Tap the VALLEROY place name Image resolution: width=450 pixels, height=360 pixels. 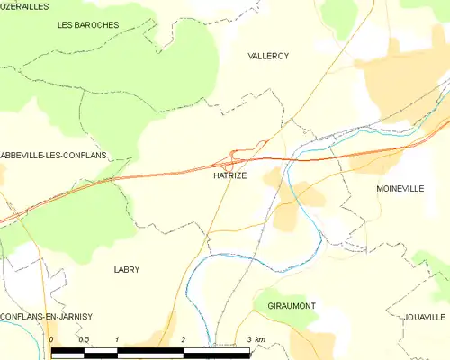(x=268, y=56)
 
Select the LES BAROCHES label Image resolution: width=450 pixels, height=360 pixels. (x=88, y=25)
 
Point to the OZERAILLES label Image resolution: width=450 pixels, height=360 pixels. (x=25, y=5)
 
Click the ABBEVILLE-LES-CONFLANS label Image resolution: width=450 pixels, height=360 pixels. (x=53, y=156)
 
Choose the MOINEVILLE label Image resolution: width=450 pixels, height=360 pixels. (x=400, y=189)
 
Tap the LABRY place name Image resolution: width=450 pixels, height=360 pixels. (x=127, y=270)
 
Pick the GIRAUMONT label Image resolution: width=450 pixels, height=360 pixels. (x=292, y=306)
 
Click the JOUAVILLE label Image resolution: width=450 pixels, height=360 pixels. (x=425, y=318)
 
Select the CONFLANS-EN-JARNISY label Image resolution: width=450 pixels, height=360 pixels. (x=47, y=317)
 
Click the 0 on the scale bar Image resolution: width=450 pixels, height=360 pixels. (x=52, y=339)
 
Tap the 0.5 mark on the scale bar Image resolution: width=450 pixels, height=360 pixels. (x=84, y=339)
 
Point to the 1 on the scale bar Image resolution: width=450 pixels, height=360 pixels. (x=117, y=339)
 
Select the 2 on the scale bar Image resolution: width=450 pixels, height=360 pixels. (x=183, y=339)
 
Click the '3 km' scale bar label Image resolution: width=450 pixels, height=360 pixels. (x=256, y=339)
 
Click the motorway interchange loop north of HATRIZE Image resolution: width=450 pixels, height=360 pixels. (x=237, y=157)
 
